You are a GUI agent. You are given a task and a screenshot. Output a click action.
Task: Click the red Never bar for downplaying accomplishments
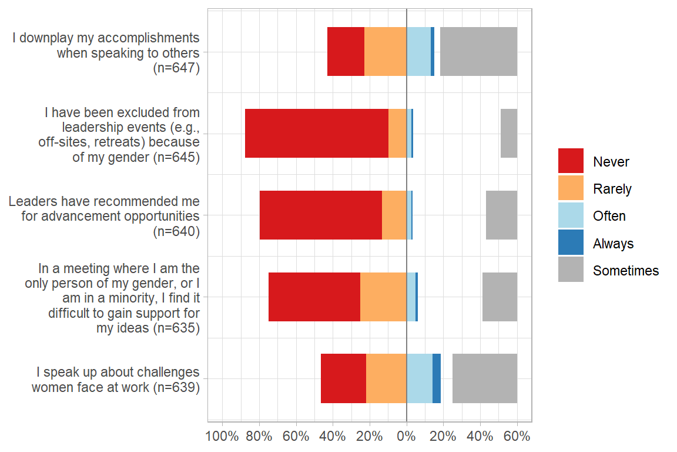(x=346, y=51)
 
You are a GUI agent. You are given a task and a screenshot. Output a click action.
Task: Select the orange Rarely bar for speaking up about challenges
(x=386, y=378)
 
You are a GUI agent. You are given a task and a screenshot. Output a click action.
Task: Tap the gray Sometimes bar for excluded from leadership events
(x=508, y=133)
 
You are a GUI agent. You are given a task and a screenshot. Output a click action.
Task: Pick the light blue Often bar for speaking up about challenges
(x=420, y=378)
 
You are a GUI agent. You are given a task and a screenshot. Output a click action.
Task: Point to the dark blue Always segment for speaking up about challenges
(x=437, y=378)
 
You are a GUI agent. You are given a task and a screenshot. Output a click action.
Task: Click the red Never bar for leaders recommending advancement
(x=321, y=215)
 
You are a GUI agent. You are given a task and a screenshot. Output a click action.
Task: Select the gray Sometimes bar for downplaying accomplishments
(x=478, y=51)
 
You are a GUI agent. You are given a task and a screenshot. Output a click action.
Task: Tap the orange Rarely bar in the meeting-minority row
(x=383, y=297)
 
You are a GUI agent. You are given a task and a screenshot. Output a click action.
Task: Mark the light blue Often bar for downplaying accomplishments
(x=418, y=51)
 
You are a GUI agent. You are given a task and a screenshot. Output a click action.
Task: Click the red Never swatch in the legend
(x=571, y=161)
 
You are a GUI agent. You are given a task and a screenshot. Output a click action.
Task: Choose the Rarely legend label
(x=612, y=189)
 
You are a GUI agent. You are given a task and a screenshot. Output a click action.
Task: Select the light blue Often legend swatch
(x=571, y=215)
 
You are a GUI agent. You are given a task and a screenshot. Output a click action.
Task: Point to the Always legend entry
(x=613, y=243)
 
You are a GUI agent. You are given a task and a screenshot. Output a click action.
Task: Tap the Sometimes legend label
(x=626, y=271)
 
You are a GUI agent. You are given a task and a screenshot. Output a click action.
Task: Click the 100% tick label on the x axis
(x=222, y=437)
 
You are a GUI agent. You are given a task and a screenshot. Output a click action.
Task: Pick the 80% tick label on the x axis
(x=259, y=437)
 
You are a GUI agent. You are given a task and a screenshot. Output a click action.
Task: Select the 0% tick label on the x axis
(x=406, y=437)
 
